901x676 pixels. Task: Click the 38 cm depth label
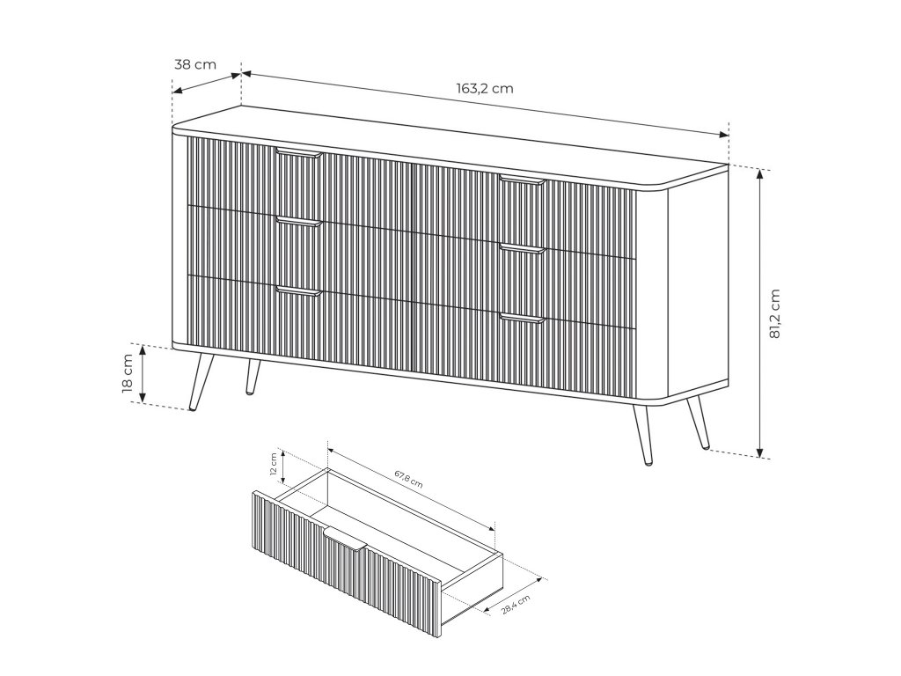pyautogui.click(x=195, y=64)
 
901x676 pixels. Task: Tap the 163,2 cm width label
pyautogui.click(x=485, y=89)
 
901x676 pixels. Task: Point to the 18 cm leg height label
pyautogui.click(x=128, y=373)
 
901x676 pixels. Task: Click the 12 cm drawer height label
pyautogui.click(x=274, y=464)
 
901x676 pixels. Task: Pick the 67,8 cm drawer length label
pyautogui.click(x=408, y=479)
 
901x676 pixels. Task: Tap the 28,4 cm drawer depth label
pyautogui.click(x=516, y=605)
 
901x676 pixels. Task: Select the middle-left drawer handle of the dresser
pyautogui.click(x=299, y=221)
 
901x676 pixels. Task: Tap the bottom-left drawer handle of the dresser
pyautogui.click(x=299, y=290)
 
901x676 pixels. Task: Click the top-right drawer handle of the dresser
pyautogui.click(x=522, y=180)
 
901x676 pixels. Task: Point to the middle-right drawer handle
pyautogui.click(x=522, y=248)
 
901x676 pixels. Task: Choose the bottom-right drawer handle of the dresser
pyautogui.click(x=522, y=318)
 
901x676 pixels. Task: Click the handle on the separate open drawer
pyautogui.click(x=345, y=540)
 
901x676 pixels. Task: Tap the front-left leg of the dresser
pyautogui.click(x=201, y=382)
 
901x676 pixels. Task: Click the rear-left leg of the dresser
pyautogui.click(x=253, y=377)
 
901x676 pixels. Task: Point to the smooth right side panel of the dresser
pyautogui.click(x=697, y=283)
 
